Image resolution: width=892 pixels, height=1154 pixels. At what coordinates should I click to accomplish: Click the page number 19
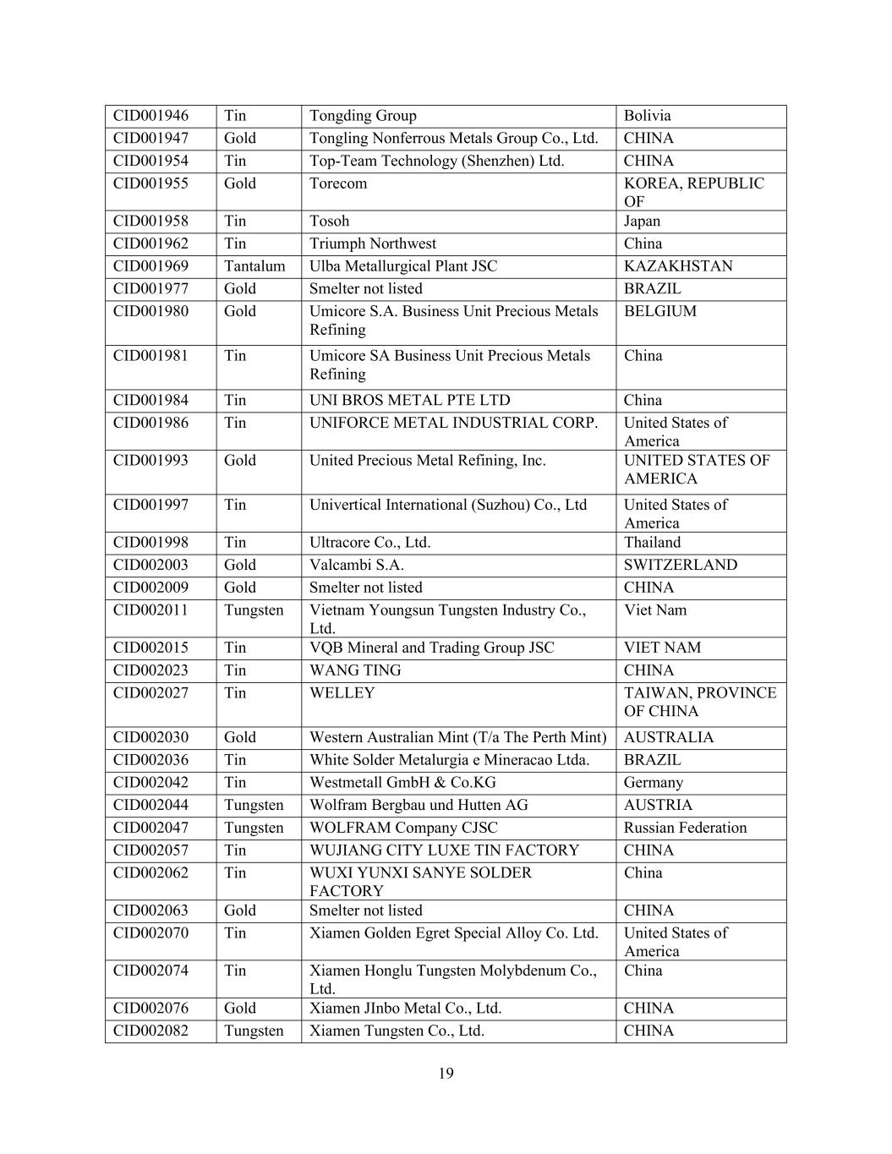(446, 1074)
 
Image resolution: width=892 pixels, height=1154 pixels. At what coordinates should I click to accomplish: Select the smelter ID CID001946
(150, 116)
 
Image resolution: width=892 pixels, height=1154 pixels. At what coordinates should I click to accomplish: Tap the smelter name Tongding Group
(363, 116)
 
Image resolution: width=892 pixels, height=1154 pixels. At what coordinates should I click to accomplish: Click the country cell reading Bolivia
(647, 116)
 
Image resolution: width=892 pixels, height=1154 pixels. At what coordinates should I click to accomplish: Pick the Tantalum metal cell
(254, 266)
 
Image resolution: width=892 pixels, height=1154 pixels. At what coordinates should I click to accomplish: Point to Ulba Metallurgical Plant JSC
(403, 266)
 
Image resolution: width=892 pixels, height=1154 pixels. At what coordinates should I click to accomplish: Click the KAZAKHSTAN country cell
(678, 266)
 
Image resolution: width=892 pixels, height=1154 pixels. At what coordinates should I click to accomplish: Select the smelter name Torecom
(338, 183)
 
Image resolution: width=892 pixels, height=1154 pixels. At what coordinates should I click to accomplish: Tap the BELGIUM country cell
(660, 311)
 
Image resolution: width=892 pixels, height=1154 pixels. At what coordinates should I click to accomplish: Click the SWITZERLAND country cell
(681, 565)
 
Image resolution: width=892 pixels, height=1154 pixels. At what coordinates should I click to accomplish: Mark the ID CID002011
(150, 610)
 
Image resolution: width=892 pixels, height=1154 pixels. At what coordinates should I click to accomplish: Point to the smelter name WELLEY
(342, 693)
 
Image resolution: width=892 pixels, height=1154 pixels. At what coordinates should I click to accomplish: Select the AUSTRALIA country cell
(669, 737)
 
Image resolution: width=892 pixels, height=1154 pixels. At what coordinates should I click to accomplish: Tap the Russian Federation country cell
(686, 828)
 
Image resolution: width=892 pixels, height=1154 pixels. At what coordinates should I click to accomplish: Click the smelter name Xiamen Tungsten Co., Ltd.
(397, 1031)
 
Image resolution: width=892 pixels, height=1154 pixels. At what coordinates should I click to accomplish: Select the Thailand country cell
(652, 543)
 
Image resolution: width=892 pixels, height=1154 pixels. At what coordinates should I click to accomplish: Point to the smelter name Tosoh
(329, 222)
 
